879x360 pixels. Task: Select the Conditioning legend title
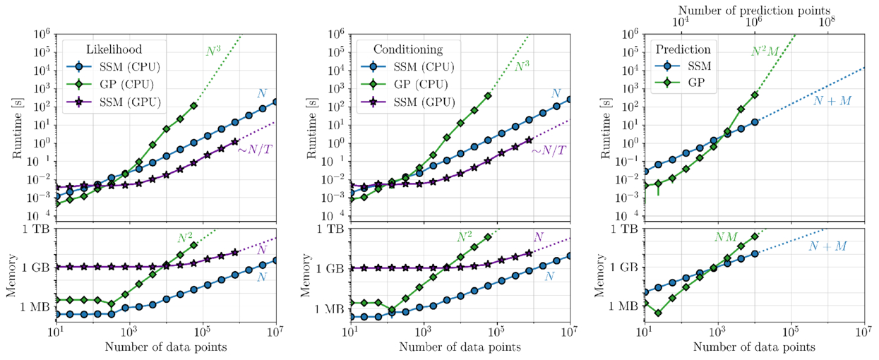[x=403, y=50]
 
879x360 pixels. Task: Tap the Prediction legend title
[x=683, y=50]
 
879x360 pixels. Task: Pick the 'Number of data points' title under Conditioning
[x=460, y=347]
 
